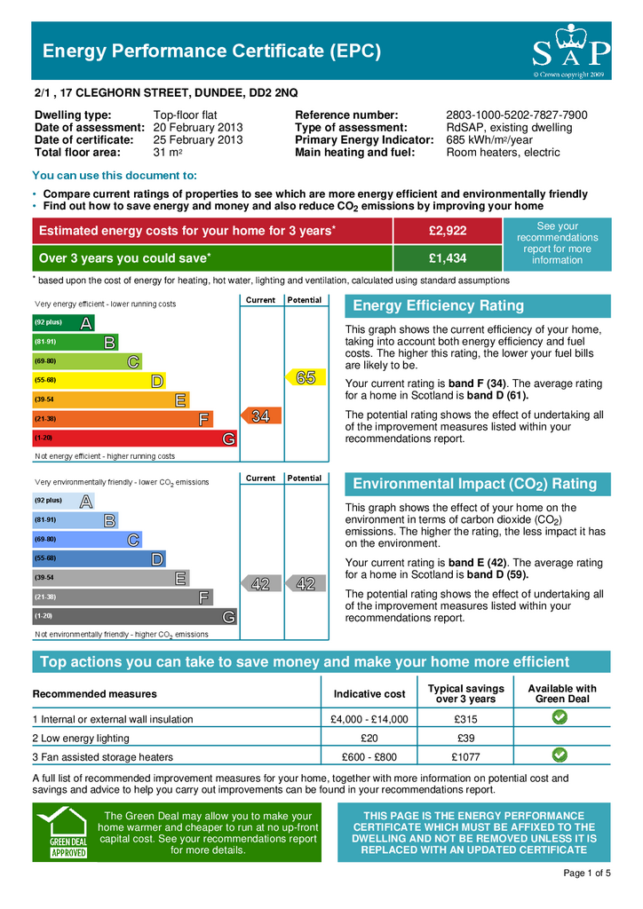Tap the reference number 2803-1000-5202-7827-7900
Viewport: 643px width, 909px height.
pos(516,115)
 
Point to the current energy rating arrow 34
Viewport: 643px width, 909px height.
pos(258,416)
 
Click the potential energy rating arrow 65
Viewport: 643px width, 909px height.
pos(305,378)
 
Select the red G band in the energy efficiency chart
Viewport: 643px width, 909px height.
pos(133,439)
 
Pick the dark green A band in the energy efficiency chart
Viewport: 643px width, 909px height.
pos(63,323)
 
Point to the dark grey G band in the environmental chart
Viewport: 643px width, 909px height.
pos(133,616)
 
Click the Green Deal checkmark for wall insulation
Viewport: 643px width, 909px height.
pos(560,718)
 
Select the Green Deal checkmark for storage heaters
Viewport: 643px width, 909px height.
pos(560,756)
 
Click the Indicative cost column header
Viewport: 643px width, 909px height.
pos(369,693)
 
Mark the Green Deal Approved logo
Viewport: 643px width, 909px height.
pos(67,832)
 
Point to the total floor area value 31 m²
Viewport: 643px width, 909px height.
pos(168,153)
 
